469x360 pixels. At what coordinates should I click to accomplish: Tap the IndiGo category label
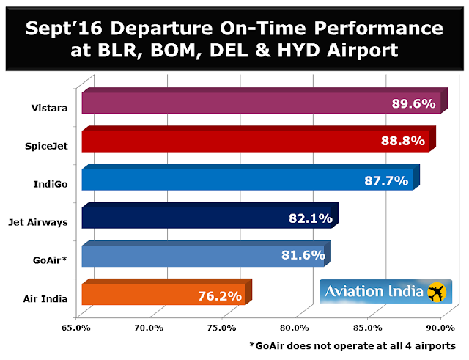click(53, 184)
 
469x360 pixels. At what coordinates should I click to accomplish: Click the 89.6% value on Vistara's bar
click(416, 103)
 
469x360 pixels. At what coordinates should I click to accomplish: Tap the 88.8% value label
click(403, 142)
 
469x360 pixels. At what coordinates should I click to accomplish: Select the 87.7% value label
click(388, 180)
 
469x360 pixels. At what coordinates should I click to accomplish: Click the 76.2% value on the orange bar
click(221, 296)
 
